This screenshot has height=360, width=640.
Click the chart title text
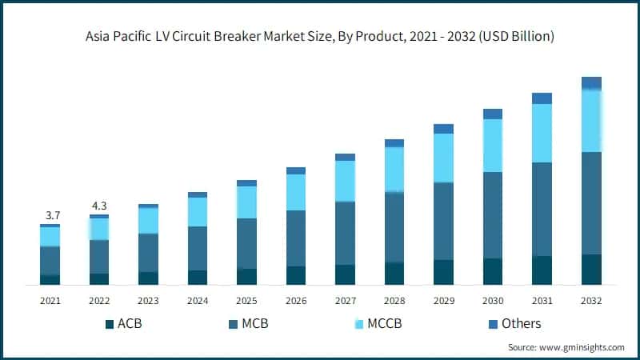click(320, 37)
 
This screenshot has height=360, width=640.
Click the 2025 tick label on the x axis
click(246, 301)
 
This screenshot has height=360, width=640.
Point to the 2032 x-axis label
click(591, 301)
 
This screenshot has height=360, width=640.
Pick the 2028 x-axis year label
click(394, 301)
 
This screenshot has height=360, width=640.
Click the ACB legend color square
click(110, 324)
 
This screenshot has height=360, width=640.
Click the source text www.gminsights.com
click(566, 347)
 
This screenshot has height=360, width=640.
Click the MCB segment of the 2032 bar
click(591, 203)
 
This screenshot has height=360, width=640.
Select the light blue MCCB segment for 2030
click(493, 146)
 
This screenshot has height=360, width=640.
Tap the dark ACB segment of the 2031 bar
click(542, 270)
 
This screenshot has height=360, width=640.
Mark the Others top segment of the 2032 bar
click(591, 82)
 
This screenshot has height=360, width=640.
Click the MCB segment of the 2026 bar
click(296, 238)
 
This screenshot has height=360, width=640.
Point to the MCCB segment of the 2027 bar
click(345, 181)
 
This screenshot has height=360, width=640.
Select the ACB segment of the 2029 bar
click(443, 272)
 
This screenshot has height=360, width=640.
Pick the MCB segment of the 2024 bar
click(198, 248)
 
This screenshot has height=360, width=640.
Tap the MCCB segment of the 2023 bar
click(148, 221)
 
